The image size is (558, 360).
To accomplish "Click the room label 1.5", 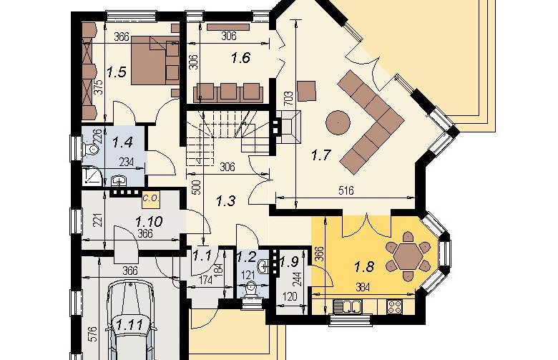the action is coord(117,72).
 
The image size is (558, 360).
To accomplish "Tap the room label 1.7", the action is coord(321,155).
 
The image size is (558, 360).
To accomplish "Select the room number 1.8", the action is coord(364,266).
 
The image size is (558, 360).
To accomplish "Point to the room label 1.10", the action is coord(149,221).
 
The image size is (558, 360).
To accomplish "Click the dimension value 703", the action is coord(288,98).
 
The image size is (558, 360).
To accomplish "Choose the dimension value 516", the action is coord(346,191).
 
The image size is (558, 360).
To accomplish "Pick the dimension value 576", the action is coord(92,334).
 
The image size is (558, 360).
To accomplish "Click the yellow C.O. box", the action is coord(151,200).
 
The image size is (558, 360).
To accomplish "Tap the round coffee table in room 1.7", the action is coord(338,123).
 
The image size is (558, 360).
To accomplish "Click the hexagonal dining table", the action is coord(409,256).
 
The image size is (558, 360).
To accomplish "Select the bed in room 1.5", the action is coord(155,61).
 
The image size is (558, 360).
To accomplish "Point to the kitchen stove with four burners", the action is coord(395,306).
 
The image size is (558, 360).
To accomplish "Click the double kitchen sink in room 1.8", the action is coord(347,306).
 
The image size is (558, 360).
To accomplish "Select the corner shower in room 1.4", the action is coord(92,177).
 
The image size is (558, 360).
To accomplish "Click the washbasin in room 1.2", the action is coord(263,266).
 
